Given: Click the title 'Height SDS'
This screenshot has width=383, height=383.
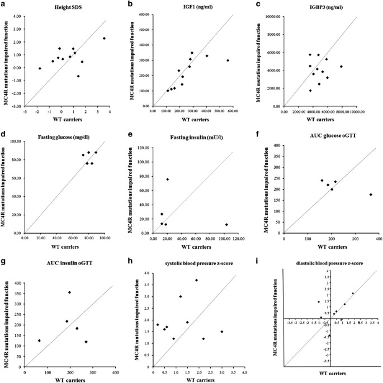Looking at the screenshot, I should [63, 7].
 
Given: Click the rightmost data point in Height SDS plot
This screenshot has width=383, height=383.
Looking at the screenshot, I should [104, 39].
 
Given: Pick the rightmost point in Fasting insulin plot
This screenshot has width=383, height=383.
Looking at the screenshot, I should [226, 224].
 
